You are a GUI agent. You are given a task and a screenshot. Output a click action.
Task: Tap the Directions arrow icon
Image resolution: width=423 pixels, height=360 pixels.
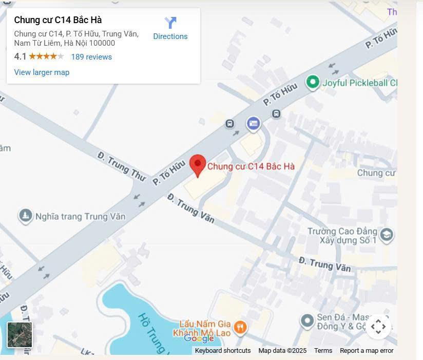(170, 23)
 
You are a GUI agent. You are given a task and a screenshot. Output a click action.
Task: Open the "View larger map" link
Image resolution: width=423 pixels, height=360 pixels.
(42, 72)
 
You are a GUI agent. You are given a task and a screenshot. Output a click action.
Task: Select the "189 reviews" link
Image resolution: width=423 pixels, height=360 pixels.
(91, 57)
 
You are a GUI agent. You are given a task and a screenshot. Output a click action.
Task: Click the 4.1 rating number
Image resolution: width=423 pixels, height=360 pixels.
(20, 56)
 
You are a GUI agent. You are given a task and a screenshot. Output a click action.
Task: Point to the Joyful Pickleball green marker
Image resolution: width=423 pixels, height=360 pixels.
(313, 82)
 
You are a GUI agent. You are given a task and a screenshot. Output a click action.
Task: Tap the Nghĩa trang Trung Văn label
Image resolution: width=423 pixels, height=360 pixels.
(80, 216)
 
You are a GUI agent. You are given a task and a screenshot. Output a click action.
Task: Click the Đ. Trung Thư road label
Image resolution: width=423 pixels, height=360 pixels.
(121, 166)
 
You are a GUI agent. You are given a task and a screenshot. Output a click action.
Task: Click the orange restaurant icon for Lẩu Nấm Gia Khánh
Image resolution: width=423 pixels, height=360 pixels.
(240, 327)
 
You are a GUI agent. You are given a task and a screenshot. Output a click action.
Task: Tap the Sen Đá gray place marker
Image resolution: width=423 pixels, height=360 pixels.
(307, 321)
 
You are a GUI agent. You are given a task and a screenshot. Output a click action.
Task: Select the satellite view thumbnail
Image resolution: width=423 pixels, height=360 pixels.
(20, 335)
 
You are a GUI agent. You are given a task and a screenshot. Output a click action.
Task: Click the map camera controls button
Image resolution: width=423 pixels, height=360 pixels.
(378, 327)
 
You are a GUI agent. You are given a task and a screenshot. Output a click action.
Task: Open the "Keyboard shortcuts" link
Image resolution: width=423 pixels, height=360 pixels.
(223, 351)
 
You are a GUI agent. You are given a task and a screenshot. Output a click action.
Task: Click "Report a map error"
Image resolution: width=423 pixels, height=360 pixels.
(367, 351)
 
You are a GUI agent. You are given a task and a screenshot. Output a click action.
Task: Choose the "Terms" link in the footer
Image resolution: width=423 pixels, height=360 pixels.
(323, 351)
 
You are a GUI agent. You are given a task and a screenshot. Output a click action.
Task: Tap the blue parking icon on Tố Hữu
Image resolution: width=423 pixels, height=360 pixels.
(253, 123)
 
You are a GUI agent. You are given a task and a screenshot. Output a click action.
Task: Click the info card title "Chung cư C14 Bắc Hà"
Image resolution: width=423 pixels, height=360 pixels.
(58, 20)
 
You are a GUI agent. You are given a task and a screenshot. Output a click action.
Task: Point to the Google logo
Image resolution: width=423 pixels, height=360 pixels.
(199, 338)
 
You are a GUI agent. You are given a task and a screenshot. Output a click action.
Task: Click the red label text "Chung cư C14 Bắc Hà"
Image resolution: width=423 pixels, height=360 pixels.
(251, 166)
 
